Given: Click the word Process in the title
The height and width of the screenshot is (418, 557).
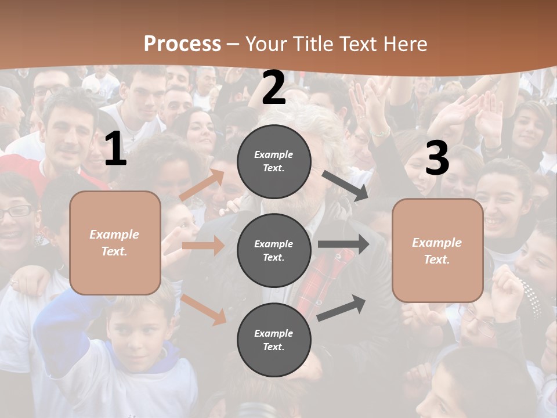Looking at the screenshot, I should [x=182, y=44].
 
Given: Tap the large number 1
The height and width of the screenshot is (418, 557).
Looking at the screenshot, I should [x=115, y=149].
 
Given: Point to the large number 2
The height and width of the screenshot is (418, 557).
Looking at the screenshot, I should [x=274, y=88].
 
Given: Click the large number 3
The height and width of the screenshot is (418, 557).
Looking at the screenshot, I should [x=437, y=158].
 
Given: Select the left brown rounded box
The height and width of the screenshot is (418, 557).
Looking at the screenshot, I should [x=115, y=243].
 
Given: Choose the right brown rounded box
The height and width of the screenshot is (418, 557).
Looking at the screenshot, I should [x=437, y=250].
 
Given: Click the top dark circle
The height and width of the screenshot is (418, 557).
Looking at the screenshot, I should [x=274, y=161].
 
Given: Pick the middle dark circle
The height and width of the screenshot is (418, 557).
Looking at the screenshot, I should [x=274, y=250].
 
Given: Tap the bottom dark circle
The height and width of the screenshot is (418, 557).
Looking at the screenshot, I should [x=274, y=340].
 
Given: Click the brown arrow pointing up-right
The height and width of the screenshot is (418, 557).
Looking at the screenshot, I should [x=202, y=185].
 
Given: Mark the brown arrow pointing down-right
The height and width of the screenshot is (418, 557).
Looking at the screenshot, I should [x=203, y=309].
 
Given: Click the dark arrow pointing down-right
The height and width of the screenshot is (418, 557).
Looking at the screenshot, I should [x=346, y=186].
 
